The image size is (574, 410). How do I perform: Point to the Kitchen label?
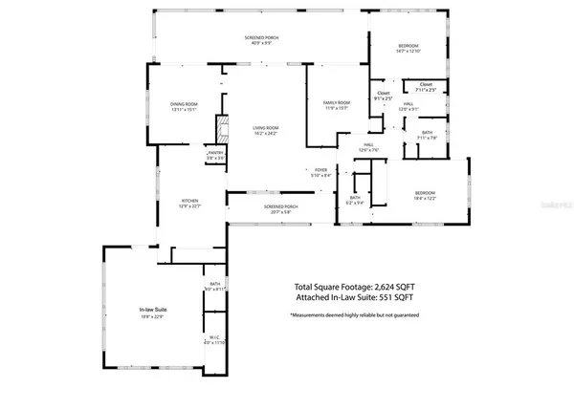coord(190,201)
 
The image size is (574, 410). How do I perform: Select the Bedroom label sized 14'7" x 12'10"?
coord(408,47)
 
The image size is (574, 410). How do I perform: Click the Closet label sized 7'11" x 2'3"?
coord(426,85)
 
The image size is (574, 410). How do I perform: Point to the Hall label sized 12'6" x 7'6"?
coord(369,147)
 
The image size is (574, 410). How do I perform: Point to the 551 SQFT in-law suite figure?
coord(402,297)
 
